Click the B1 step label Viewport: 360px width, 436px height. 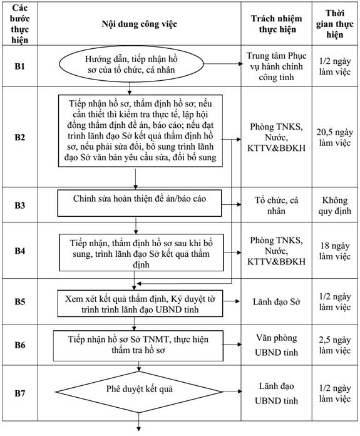[20, 66]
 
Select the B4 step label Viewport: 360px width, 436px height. [20, 251]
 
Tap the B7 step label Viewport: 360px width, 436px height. [20, 393]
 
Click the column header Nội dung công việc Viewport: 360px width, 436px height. [139, 24]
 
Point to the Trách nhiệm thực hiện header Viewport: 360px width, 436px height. [277, 24]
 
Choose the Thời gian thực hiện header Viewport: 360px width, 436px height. [335, 24]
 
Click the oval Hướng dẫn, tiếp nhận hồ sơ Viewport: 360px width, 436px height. [131, 65]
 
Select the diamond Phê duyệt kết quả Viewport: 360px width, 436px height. [139, 392]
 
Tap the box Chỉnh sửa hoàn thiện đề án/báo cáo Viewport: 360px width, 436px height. [140, 203]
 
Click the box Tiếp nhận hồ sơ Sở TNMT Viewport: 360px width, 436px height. [138, 346]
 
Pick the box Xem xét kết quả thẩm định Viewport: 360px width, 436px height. [140, 304]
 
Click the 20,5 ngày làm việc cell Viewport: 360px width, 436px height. [335, 137]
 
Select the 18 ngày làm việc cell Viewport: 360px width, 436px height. [335, 251]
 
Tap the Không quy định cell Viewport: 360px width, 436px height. [335, 205]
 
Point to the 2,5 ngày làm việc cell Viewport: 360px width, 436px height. [335, 345]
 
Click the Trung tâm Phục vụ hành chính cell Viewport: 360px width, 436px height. [276, 66]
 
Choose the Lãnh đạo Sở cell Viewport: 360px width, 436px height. [277, 302]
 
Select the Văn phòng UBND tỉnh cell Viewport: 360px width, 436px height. [276, 345]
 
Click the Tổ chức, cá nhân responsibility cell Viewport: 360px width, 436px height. [276, 205]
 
